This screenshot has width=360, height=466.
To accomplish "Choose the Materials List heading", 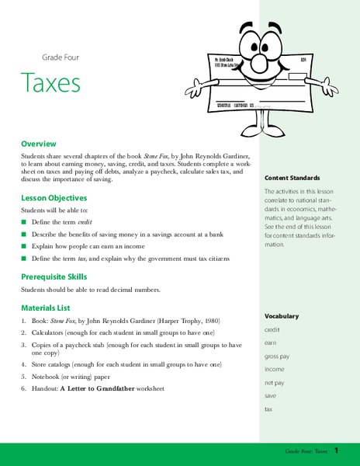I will click(48, 307).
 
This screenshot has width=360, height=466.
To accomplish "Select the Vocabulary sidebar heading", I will click(281, 316).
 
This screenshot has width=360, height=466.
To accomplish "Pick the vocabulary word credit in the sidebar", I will click(272, 329).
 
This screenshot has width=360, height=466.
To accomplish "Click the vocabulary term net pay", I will click(275, 383).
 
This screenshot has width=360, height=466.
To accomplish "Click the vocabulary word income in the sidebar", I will click(275, 370).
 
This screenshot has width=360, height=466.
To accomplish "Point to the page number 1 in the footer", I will click(337, 450).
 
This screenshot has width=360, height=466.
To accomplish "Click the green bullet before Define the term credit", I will click(24, 223).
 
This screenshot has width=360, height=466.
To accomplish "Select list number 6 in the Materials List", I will click(24, 388).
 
